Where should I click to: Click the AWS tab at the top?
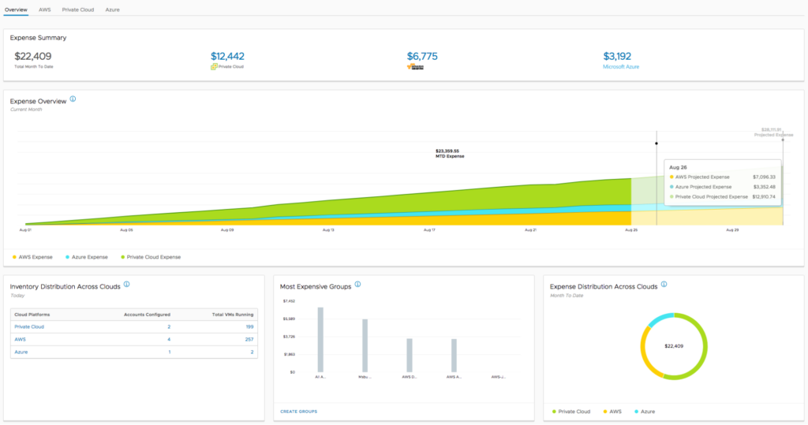(45, 9)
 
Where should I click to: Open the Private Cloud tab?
(79, 9)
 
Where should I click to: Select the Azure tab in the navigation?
(114, 9)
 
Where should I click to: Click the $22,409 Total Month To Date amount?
(33, 56)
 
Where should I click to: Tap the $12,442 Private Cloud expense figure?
(228, 56)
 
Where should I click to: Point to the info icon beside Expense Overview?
(73, 99)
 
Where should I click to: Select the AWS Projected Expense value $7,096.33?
(765, 177)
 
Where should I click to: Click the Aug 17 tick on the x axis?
(429, 230)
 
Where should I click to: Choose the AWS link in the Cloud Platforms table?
(21, 339)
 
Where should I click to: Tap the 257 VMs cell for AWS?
(249, 339)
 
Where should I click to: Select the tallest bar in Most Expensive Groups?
(320, 339)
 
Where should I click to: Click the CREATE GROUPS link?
(299, 412)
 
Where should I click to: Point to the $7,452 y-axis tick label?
(290, 301)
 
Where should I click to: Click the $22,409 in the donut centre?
(674, 346)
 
